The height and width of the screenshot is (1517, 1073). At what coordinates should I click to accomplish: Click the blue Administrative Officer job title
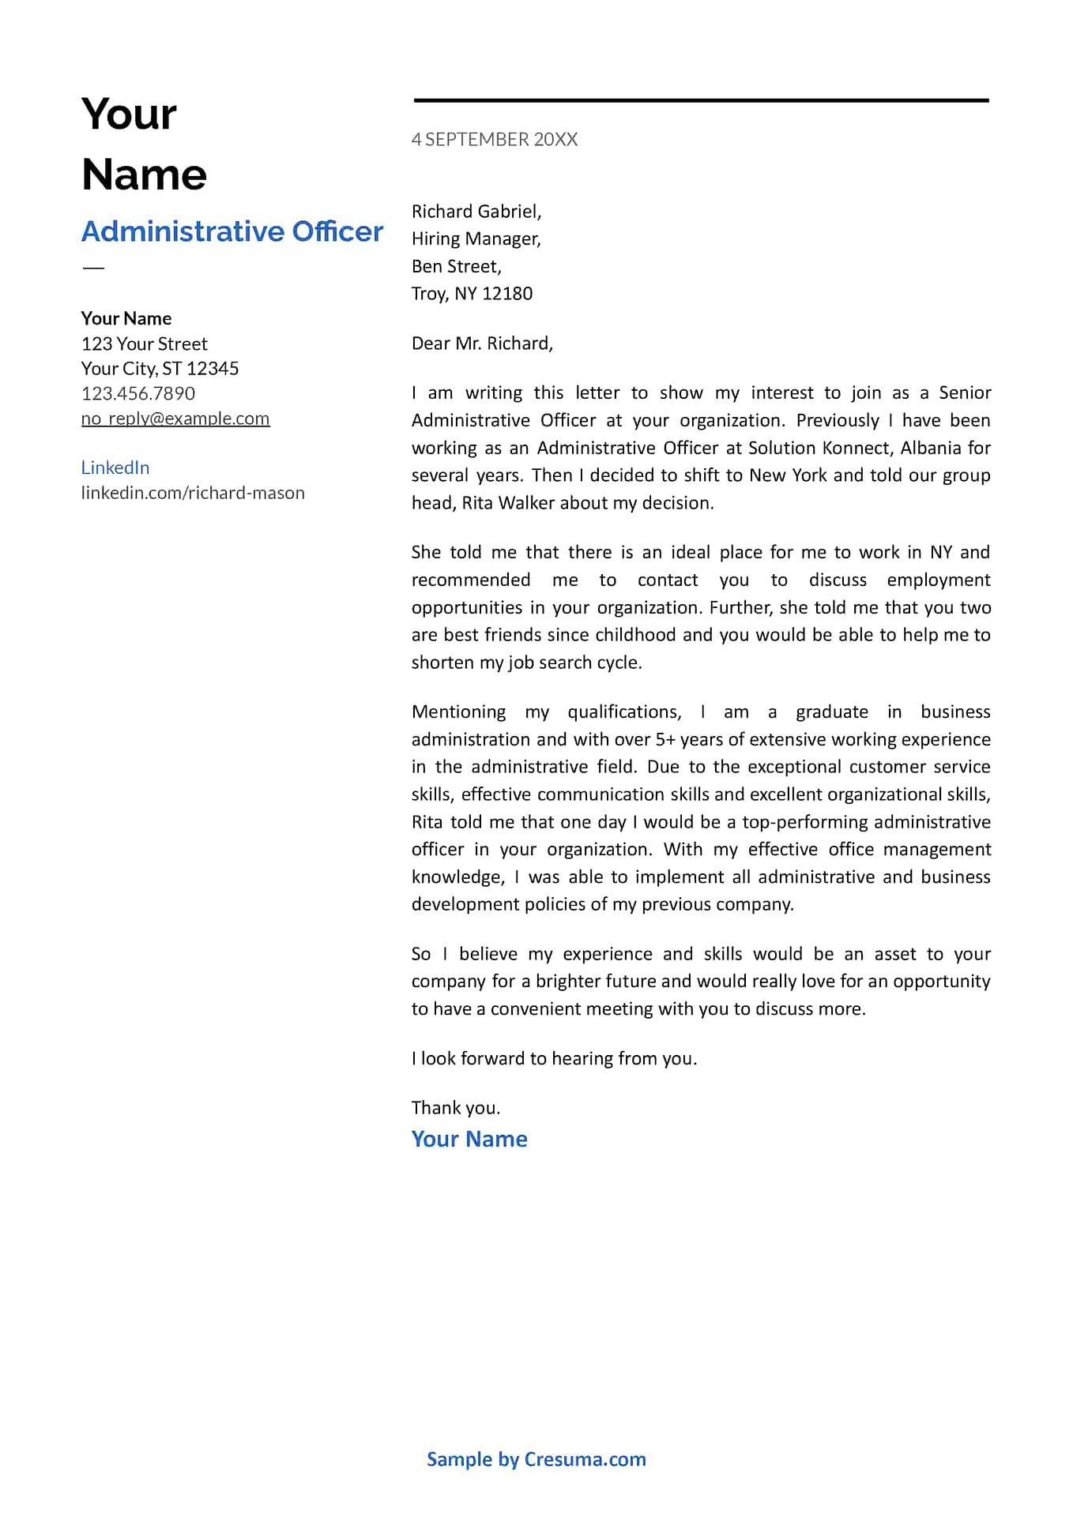click(232, 231)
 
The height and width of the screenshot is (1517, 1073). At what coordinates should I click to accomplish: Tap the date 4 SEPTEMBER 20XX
click(495, 140)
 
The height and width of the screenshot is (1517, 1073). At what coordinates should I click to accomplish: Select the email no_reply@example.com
click(175, 419)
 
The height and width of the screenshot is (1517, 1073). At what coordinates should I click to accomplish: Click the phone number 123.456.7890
click(138, 393)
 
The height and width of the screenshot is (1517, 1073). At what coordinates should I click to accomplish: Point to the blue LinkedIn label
click(115, 467)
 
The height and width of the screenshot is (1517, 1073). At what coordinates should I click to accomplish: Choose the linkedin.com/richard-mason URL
click(193, 493)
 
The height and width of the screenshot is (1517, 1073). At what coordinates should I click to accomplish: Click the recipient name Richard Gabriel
click(476, 212)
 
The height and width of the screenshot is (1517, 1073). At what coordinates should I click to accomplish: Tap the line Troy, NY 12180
click(472, 294)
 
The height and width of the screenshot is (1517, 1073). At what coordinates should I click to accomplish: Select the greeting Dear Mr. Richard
click(482, 344)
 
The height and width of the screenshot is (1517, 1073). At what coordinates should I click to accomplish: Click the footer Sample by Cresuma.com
click(536, 1459)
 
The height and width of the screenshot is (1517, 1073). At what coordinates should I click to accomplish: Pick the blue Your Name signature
click(469, 1139)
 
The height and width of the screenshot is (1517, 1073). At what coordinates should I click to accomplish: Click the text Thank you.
click(456, 1108)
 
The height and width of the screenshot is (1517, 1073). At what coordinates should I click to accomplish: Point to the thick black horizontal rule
click(701, 100)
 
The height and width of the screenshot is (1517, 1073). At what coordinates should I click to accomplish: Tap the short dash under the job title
click(93, 268)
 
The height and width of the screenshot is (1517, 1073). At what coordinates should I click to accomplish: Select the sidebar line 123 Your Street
click(145, 344)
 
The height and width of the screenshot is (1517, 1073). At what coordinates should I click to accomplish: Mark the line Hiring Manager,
click(476, 238)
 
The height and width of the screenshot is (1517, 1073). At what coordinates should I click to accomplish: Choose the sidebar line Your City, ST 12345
click(160, 369)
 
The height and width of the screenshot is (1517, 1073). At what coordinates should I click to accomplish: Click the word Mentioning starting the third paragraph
click(458, 712)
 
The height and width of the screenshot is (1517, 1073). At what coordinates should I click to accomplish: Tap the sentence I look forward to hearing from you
click(554, 1058)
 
